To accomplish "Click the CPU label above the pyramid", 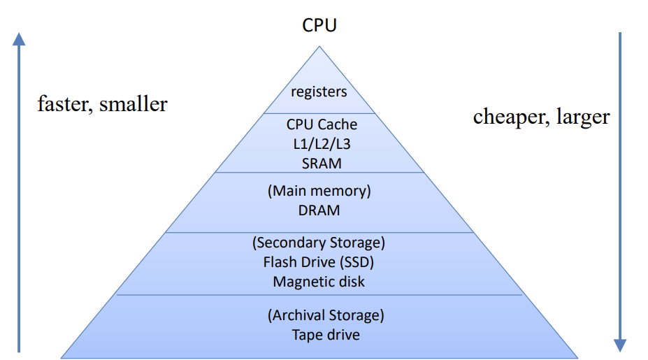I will (x=319, y=25).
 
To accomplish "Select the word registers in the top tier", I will (x=319, y=92).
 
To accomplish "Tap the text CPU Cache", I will (x=322, y=124).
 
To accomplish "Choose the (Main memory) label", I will (x=319, y=191).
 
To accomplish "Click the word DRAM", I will (x=319, y=209).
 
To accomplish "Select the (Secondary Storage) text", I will (x=319, y=243).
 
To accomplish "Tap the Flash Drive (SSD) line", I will (x=319, y=262).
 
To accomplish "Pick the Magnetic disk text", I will (x=319, y=281).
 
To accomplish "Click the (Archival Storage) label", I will (x=326, y=315).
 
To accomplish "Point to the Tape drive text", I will (x=326, y=335).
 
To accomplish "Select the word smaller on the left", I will (x=134, y=104).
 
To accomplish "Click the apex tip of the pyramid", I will (x=319, y=47).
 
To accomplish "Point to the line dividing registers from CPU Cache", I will (x=319, y=113).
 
